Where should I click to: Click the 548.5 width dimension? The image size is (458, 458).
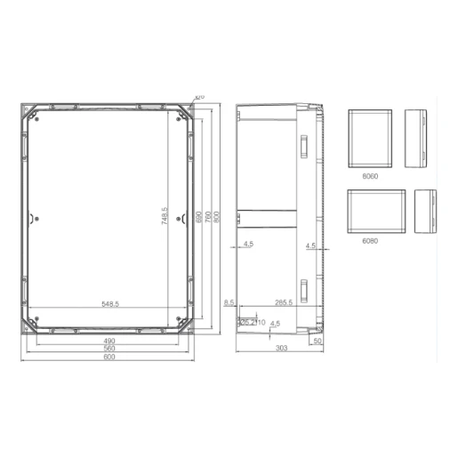pos(110,304)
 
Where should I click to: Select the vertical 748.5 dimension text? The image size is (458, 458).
pos(165,217)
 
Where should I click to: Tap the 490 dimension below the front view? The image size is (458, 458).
pos(110,341)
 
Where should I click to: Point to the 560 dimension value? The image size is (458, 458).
pos(110,349)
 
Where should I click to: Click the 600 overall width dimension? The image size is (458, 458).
pos(110,358)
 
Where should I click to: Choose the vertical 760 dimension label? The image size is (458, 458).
pos(207,216)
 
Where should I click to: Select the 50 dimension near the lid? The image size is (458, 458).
pos(318,341)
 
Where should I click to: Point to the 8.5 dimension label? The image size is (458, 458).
pos(229,304)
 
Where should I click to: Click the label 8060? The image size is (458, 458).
pos(370,176)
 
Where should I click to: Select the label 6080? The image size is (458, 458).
pos(370,240)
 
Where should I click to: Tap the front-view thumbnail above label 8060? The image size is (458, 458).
pos(370,139)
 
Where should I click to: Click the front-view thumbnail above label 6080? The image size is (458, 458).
pos(375,211)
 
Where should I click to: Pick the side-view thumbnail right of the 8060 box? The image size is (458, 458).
pos(418,139)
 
